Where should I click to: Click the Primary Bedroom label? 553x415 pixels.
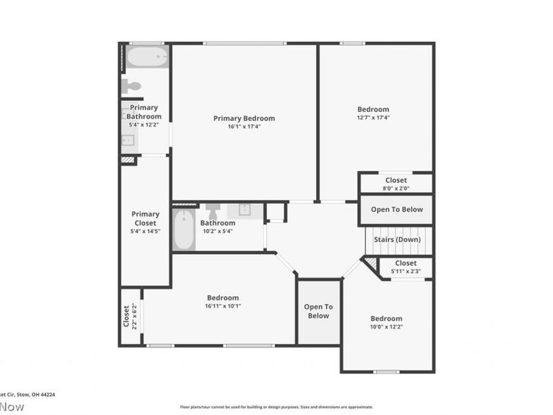click(244, 118)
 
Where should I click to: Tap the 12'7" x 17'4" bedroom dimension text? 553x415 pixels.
click(373, 118)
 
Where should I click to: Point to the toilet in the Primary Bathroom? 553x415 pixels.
click(131, 86)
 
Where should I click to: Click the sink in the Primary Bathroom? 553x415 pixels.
click(129, 141)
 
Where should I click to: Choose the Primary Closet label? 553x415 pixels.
click(145, 219)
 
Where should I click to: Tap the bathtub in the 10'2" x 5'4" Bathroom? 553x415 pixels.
click(184, 230)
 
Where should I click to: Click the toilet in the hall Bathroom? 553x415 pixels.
click(213, 210)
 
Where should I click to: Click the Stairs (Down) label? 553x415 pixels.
click(397, 239)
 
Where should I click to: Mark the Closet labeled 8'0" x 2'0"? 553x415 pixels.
click(396, 184)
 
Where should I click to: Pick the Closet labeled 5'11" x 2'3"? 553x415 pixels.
click(405, 267)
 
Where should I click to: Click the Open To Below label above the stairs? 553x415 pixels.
click(397, 210)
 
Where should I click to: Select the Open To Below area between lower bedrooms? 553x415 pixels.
click(319, 311)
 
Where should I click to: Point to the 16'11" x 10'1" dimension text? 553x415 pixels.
click(223, 306)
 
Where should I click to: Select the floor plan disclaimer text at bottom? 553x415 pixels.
click(276, 407)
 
